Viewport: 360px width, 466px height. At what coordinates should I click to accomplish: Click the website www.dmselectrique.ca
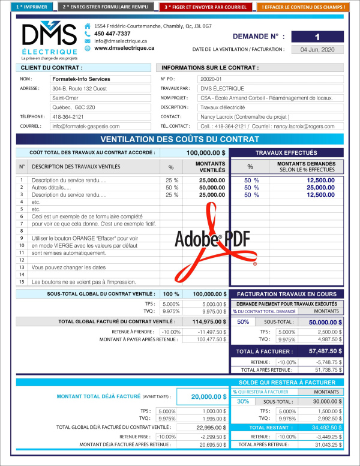[x=124, y=48]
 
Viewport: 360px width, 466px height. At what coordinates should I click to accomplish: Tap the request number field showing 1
[x=317, y=36]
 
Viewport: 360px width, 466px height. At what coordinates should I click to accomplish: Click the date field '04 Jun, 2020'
[x=317, y=50]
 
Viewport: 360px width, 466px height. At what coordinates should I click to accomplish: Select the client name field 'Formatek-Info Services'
[x=100, y=79]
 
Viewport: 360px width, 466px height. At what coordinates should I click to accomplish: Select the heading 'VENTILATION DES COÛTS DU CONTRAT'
[x=180, y=140]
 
